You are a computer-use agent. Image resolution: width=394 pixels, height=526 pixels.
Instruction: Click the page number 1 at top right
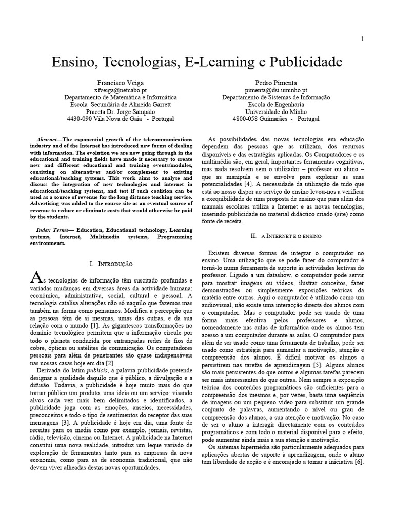pos(362,39)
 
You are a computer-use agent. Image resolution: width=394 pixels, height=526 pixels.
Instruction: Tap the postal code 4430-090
pos(82,118)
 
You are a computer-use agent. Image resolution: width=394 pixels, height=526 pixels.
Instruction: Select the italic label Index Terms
pos(51,230)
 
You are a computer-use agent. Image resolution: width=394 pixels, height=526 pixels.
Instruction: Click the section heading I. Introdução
pos(111,264)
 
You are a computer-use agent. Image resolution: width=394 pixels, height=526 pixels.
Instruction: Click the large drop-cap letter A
pos(36,278)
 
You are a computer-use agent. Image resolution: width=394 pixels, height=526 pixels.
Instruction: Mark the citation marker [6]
pos(358,462)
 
